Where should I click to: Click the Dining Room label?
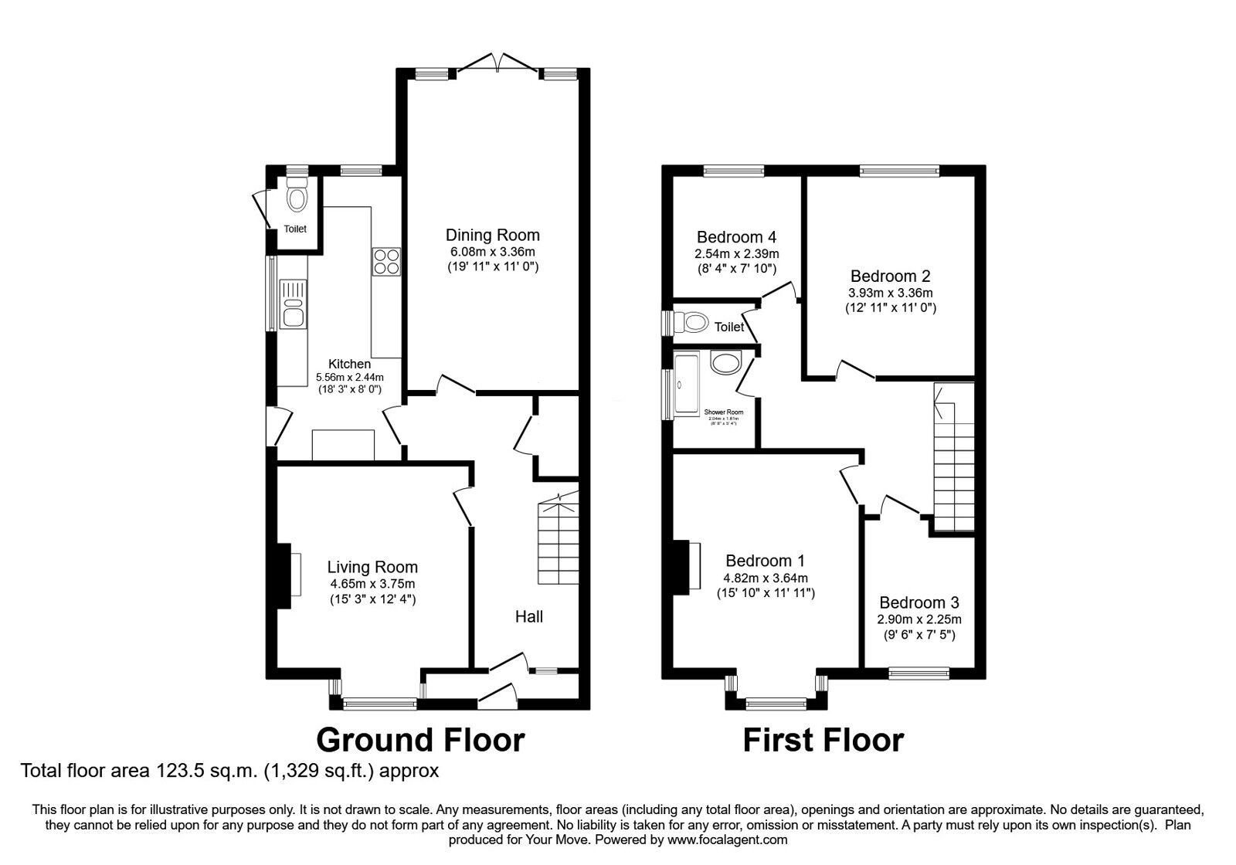(x=492, y=235)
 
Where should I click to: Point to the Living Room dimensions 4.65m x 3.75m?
(x=372, y=584)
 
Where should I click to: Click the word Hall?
(x=529, y=616)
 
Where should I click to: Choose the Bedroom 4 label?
(x=736, y=237)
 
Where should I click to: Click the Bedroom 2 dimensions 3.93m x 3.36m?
(x=891, y=293)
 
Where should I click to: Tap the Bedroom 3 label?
(x=919, y=602)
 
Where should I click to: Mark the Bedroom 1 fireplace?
(x=682, y=568)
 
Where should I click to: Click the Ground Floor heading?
(x=421, y=739)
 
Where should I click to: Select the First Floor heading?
(x=823, y=740)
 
